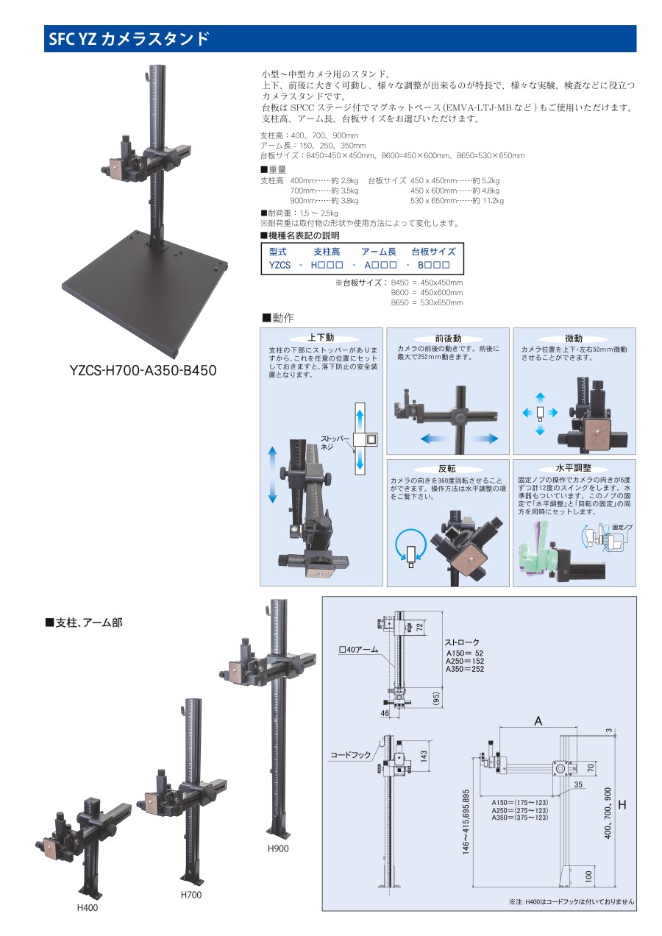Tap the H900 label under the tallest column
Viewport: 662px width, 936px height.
coord(278,848)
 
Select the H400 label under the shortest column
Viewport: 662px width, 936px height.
coord(88,907)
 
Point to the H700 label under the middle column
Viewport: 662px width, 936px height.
coord(191,895)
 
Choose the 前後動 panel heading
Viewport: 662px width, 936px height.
coord(448,337)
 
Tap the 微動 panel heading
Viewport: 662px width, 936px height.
coord(574,337)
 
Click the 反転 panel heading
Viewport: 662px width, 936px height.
coord(448,468)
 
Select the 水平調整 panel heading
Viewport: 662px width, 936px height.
coord(574,468)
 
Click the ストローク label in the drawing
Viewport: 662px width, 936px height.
coord(463,642)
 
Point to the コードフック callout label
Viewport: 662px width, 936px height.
coord(350,755)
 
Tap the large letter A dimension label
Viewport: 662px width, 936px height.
coord(538,722)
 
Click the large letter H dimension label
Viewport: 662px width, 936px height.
coord(622,805)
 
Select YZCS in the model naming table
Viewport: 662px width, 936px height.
coord(280,265)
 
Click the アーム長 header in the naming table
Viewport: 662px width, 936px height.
coord(378,252)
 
